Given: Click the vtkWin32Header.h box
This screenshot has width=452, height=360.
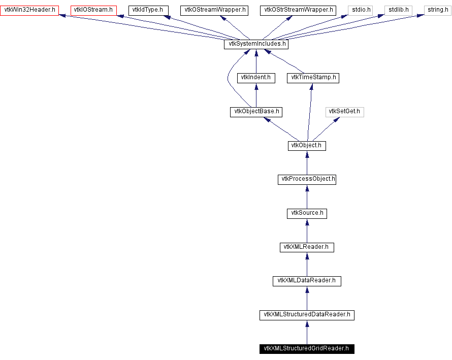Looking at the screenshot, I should tap(29, 10).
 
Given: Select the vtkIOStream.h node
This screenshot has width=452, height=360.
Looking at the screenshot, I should tap(93, 10).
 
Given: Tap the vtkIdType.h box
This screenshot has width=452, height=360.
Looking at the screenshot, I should tap(148, 10).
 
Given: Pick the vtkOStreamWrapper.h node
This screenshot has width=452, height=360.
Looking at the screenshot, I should tap(214, 10).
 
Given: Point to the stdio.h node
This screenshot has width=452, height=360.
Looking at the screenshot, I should tap(361, 10).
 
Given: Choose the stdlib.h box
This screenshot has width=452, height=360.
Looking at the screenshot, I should tap(399, 10).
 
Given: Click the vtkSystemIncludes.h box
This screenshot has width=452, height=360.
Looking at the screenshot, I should tap(256, 44).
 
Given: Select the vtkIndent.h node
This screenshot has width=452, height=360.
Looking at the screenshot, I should tap(256, 78).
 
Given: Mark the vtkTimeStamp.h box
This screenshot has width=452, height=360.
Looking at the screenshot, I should tap(313, 78).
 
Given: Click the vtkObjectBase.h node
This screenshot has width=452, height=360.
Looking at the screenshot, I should tap(256, 112).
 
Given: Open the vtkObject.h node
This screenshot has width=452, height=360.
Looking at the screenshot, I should tap(307, 146).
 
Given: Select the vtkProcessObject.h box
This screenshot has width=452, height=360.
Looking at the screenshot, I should tap(307, 179).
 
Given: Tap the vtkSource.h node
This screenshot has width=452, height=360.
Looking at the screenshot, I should tap(307, 213).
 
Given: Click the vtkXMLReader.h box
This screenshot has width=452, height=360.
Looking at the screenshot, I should tap(307, 247).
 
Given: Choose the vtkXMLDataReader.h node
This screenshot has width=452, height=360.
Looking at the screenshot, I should tap(307, 281).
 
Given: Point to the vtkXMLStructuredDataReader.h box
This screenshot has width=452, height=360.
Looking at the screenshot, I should tap(307, 315).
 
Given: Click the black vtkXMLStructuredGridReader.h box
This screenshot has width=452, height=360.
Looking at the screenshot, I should tap(307, 349).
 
